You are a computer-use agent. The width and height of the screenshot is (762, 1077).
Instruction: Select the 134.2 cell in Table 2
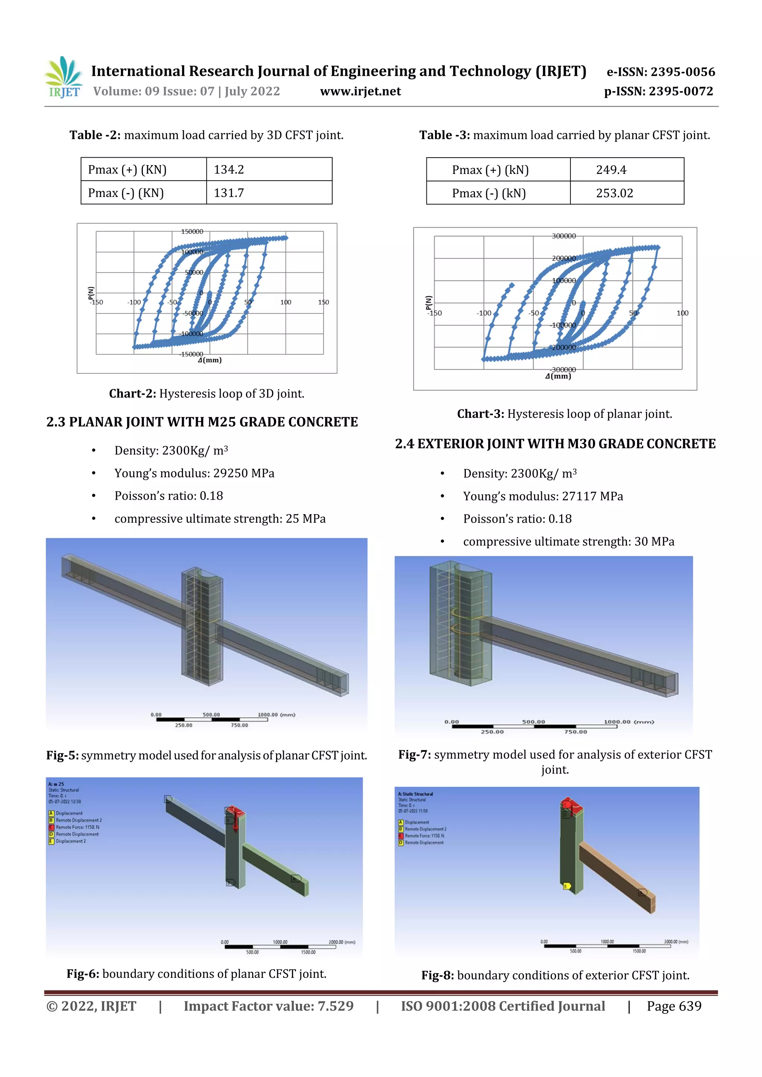click(229, 169)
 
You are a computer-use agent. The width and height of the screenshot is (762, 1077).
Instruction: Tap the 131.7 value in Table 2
click(229, 193)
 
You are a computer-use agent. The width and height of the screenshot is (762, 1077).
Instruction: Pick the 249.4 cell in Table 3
click(611, 170)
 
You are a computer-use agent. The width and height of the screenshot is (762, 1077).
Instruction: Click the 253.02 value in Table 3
click(614, 193)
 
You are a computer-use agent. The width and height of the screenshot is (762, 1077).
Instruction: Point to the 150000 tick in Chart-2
click(192, 232)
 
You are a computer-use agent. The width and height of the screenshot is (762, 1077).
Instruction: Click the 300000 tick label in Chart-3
click(563, 236)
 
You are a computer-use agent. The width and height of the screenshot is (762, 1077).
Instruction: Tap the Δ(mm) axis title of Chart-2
click(209, 360)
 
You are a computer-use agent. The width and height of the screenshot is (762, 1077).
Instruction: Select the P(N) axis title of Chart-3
click(428, 303)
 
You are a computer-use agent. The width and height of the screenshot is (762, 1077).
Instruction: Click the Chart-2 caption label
click(132, 394)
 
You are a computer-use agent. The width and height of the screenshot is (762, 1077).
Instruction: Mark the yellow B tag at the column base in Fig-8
click(566, 886)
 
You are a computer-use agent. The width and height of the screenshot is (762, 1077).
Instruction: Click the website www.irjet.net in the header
click(360, 91)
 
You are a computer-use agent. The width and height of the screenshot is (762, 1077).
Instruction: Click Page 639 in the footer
click(674, 1006)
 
